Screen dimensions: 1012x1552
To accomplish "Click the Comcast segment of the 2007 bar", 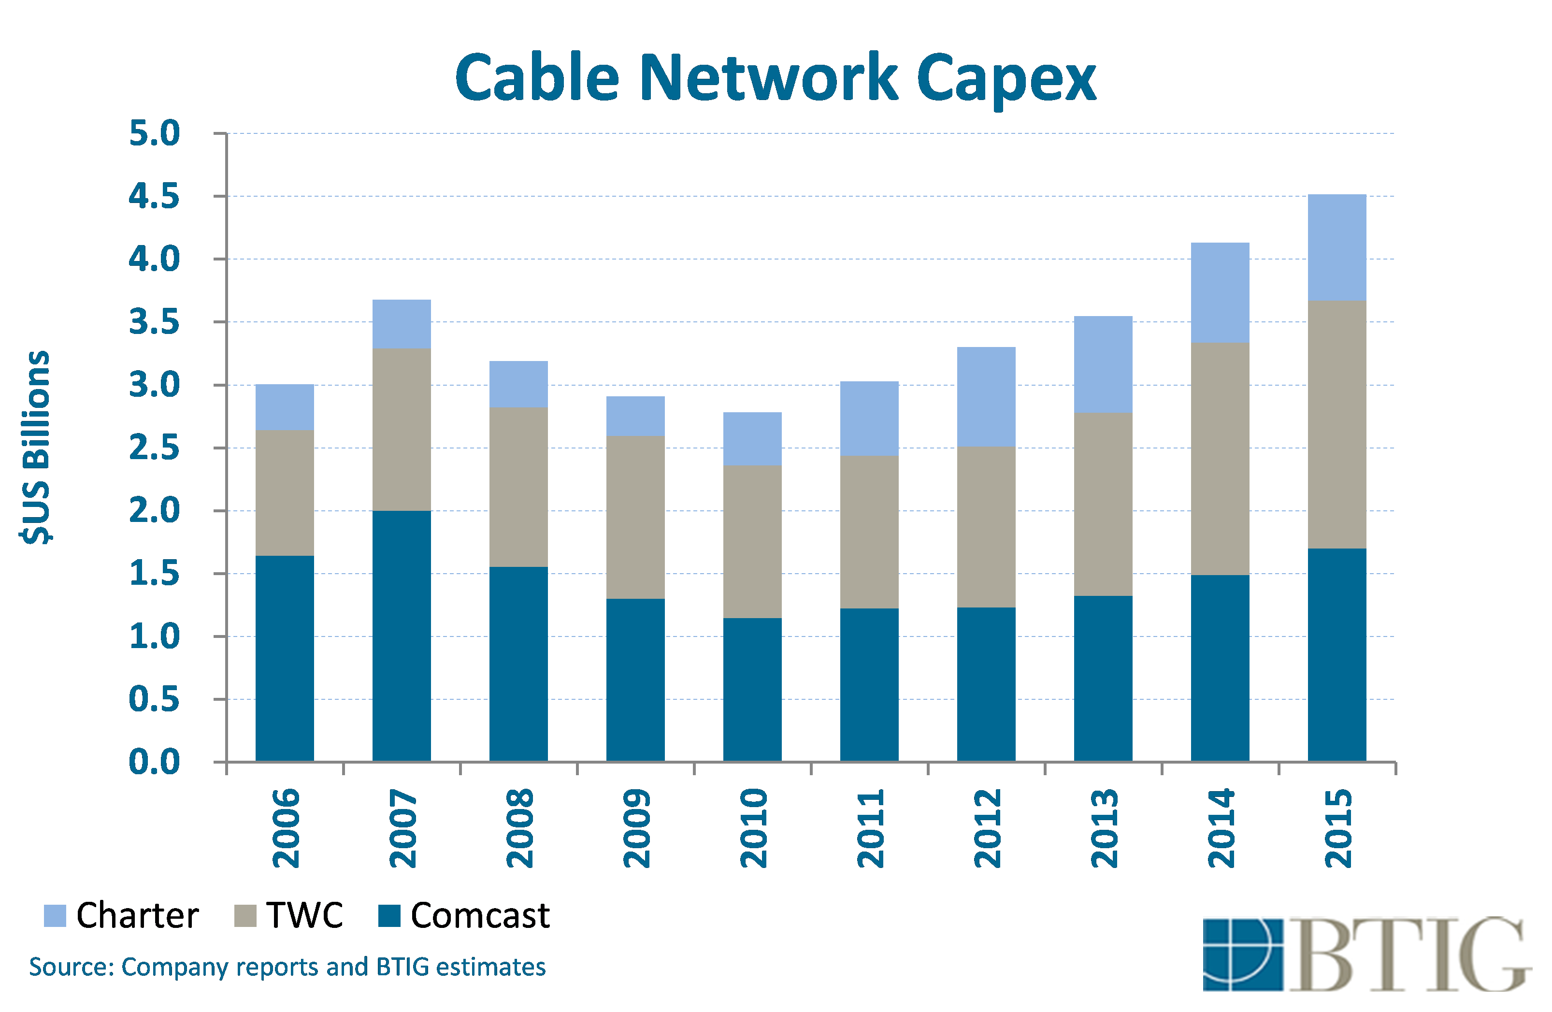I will pos(401,635).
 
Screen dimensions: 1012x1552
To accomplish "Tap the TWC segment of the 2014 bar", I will pos(1220,459).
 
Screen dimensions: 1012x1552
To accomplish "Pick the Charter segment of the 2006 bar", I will pos(284,407).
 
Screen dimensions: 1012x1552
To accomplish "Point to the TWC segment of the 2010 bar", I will pos(752,541).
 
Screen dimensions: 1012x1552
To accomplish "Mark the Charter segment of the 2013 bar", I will pos(1103,364).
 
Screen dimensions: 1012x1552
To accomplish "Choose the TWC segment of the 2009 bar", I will pos(635,517).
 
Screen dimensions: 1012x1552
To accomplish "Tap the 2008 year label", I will pos(519,828).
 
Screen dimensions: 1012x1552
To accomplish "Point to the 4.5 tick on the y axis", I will pos(154,196).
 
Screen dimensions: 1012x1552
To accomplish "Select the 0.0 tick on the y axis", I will pos(154,762).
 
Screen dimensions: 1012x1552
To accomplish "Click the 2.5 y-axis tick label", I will pos(154,448).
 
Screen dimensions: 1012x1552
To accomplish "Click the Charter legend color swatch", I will pos(55,915).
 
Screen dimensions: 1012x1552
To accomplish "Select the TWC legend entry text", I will pos(304,915).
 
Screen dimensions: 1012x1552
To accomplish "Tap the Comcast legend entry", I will pos(479,915).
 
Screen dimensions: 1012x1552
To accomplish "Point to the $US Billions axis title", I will pos(36,448).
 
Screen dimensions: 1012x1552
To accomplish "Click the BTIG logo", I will pos(1365,954).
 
